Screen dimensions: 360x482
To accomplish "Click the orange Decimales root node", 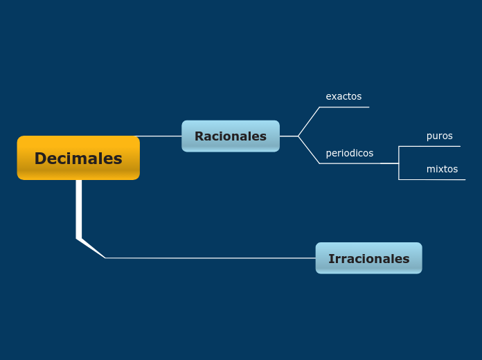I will (78, 158).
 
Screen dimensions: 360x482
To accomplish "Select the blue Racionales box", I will (231, 136).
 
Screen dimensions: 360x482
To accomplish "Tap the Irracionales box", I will (368, 258).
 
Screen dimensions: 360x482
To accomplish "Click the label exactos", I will (343, 96).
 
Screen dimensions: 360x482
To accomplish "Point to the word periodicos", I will (349, 153).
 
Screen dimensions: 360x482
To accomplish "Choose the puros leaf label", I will (439, 136).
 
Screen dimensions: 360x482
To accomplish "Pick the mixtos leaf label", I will (442, 169).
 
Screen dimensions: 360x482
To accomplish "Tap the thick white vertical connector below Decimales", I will (79, 208).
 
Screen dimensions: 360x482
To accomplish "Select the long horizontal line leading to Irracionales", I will (208, 258).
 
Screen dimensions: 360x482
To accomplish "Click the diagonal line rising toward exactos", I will (309, 121).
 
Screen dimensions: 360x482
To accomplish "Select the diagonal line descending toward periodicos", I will (309, 150).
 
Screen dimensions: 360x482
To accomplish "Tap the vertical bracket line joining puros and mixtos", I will (399, 163).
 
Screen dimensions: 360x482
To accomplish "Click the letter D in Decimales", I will (41, 159).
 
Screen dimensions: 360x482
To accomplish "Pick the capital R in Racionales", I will (199, 136).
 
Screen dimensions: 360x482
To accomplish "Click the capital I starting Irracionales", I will (331, 259).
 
